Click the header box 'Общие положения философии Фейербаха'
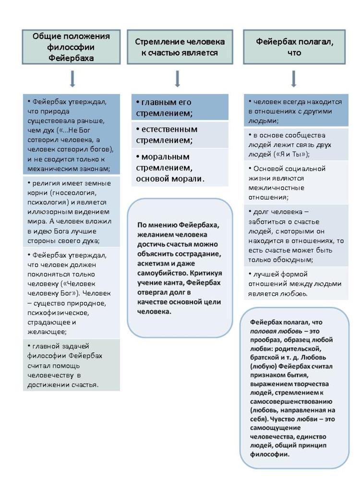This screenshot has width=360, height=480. (72, 47)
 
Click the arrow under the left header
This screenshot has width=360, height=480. (72, 78)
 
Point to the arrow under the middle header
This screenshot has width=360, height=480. (177, 78)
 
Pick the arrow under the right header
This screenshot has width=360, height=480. (294, 78)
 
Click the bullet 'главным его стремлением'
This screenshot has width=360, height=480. (180, 108)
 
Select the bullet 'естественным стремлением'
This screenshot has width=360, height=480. (180, 135)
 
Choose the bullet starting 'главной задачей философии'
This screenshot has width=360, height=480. (72, 365)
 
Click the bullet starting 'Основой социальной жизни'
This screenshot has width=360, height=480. (294, 182)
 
